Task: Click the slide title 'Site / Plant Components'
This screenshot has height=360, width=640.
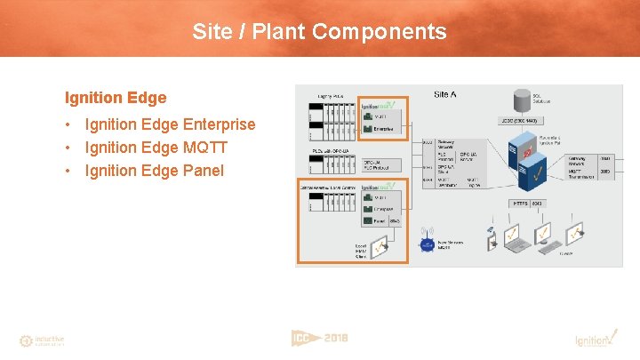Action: [x=319, y=33]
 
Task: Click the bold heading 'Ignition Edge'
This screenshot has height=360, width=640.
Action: [x=116, y=97]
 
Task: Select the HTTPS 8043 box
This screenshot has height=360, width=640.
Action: [x=528, y=204]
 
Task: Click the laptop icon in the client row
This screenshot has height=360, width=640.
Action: [x=514, y=236]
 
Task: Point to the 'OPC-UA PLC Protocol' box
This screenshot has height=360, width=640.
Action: [x=383, y=165]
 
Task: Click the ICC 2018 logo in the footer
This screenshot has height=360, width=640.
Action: [x=319, y=338]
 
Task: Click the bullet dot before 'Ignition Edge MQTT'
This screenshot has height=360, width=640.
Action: [x=68, y=148]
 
